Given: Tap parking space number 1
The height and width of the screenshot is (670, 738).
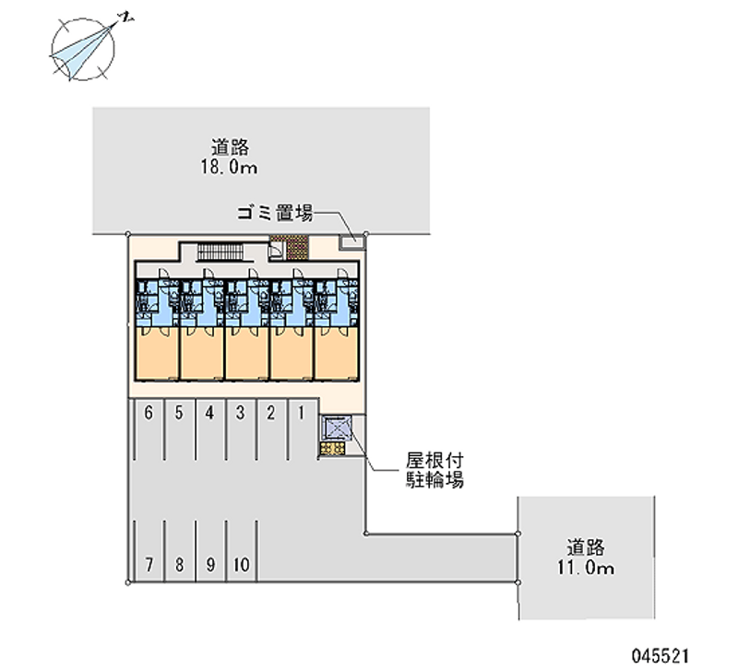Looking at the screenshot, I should [x=301, y=413].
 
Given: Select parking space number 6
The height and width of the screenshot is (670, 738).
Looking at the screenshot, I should [x=149, y=413].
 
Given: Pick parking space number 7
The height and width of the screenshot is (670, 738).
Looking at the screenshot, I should [x=149, y=563].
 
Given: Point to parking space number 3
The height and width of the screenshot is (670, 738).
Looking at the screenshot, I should [x=240, y=413].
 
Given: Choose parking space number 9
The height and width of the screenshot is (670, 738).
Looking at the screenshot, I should [x=210, y=563].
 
